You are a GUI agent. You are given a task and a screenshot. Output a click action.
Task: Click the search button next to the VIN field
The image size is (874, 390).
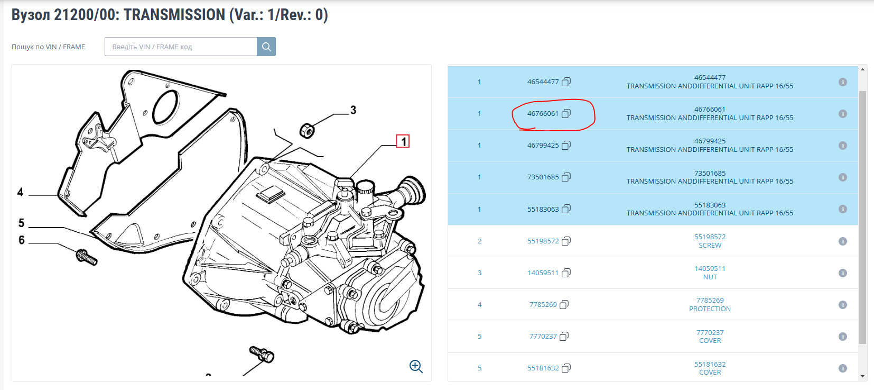[x=266, y=47]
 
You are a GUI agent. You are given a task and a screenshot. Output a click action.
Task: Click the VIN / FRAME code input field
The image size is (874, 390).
[x=181, y=47]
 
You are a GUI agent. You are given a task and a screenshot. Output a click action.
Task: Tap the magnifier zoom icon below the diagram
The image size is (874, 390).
[x=416, y=367]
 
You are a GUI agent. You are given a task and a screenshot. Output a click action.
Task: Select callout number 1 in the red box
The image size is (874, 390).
[x=403, y=141]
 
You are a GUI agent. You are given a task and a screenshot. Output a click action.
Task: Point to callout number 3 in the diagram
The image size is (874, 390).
[x=353, y=110]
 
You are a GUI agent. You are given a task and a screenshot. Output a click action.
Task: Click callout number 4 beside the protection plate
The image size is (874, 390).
[x=20, y=192]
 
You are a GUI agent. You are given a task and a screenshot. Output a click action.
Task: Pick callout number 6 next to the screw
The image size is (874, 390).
[x=22, y=240]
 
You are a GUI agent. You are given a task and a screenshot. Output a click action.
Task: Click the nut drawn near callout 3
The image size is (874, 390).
[x=307, y=131]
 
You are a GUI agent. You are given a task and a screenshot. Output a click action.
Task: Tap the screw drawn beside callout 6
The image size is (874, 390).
[x=86, y=257]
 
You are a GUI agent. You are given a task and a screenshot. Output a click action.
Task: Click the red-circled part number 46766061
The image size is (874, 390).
[x=543, y=114]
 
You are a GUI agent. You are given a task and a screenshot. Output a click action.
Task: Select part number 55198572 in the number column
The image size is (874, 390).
[x=543, y=241]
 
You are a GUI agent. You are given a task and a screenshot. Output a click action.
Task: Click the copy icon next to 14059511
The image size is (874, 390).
[x=566, y=273]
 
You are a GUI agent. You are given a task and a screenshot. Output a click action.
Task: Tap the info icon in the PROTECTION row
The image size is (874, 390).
[x=843, y=304]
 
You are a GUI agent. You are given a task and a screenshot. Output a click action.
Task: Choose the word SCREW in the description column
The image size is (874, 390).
[x=710, y=246]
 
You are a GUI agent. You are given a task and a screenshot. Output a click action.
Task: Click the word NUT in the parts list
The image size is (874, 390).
[x=710, y=277]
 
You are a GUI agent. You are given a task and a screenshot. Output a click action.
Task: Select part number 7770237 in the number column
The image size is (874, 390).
[x=543, y=336]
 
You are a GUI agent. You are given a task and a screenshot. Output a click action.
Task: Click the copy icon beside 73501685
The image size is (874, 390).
[x=566, y=177]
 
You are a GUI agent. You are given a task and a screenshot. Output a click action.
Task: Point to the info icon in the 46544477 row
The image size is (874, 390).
[x=843, y=82]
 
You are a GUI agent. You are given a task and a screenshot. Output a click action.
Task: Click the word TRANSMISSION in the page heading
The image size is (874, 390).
[x=174, y=15]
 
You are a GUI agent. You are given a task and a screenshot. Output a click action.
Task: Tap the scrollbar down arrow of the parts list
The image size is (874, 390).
[x=862, y=376]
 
